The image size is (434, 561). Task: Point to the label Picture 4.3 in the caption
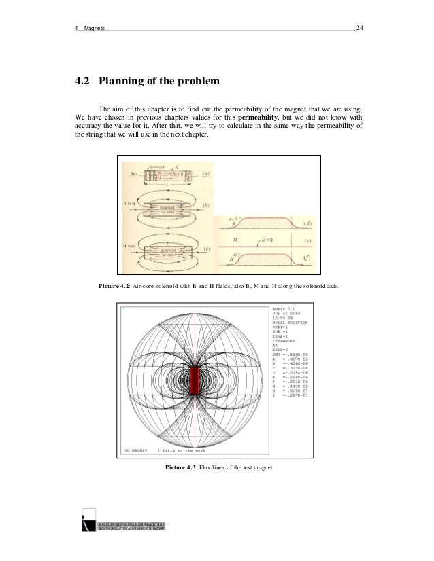pyautogui.click(x=183, y=467)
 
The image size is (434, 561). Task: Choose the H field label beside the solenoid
pyautogui.click(x=131, y=243)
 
